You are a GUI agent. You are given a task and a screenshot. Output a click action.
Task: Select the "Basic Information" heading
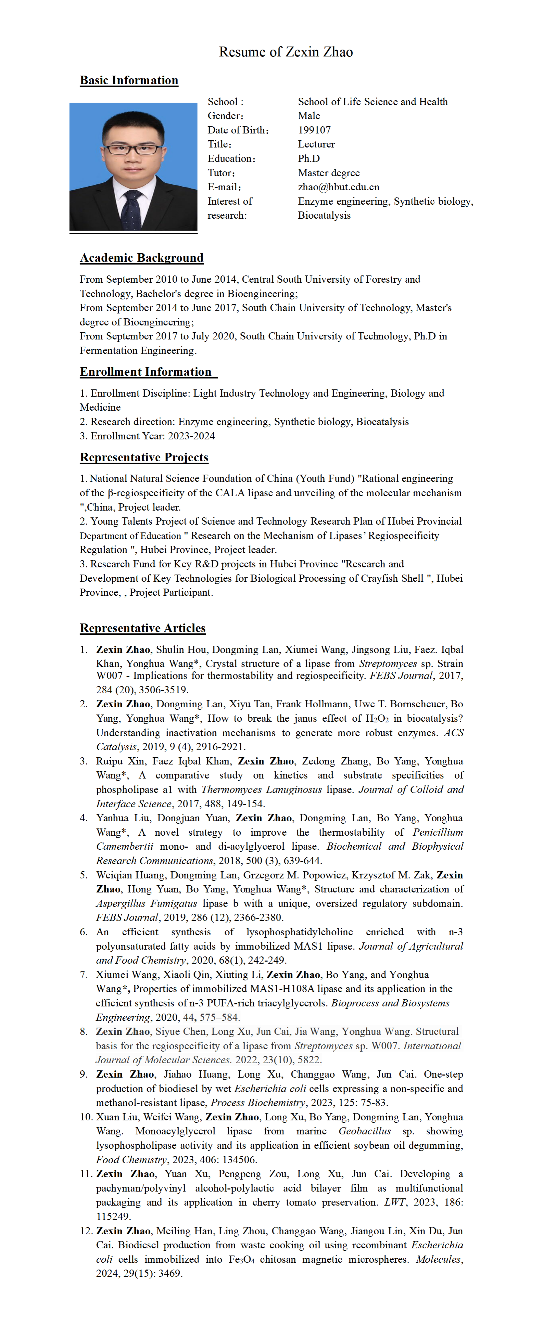(x=129, y=80)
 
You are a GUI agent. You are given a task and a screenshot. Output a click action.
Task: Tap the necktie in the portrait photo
(x=132, y=209)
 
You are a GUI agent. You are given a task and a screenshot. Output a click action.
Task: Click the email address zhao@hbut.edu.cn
(x=338, y=187)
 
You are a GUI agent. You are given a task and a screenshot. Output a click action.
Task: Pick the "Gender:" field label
(x=225, y=116)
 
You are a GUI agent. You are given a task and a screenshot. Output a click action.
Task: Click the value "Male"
(x=309, y=116)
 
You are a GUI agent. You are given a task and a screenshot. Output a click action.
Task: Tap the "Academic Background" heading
(x=141, y=258)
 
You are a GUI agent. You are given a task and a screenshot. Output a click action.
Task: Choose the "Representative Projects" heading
(x=144, y=457)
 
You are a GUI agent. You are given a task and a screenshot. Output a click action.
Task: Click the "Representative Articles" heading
(x=142, y=628)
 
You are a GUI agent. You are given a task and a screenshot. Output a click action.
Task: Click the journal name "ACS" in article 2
(x=453, y=732)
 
